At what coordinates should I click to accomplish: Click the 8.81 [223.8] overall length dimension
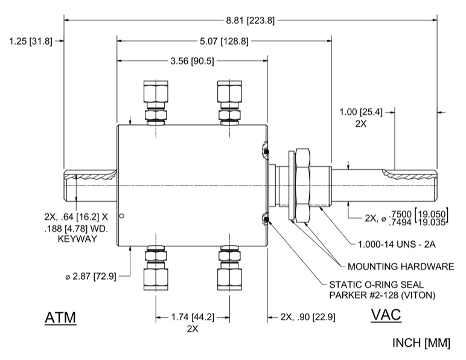251,20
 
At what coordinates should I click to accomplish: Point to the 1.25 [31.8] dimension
31,42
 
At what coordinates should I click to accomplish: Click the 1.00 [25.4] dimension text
362,112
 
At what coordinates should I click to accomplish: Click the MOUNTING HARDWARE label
401,266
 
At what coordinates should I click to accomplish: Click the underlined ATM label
61,317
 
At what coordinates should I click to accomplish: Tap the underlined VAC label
386,315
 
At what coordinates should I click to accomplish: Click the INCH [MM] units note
421,343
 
